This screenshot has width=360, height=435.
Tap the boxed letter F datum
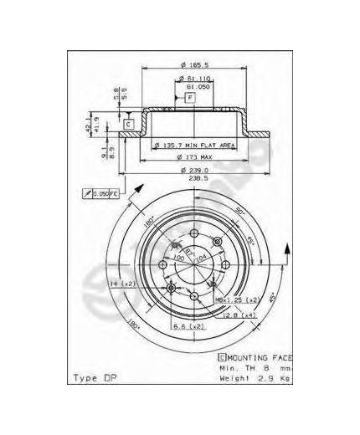pyautogui.click(x=191, y=98)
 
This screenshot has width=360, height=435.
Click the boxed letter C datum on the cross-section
pyautogui.click(x=129, y=125)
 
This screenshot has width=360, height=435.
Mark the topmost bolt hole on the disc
pyautogui.click(x=193, y=233)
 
